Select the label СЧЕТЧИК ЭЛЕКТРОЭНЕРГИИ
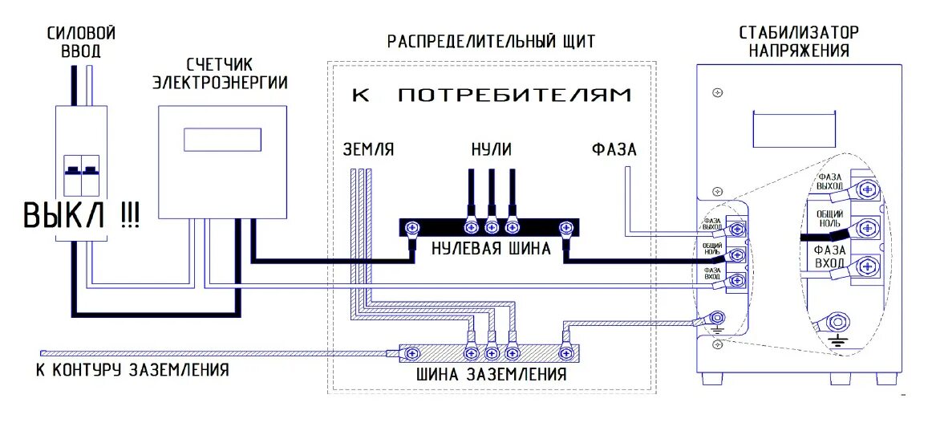[220, 72]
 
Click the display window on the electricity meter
[223, 139]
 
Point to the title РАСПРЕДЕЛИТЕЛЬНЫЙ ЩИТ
[491, 42]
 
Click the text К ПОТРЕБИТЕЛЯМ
[491, 96]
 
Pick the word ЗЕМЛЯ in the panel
[369, 149]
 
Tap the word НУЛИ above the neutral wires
[491, 149]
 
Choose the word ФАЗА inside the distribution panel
[614, 149]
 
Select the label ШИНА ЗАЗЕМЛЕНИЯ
[491, 374]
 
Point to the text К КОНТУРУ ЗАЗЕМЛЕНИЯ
[132, 370]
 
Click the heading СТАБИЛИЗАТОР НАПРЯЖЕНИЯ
[798, 42]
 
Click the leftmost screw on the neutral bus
[414, 229]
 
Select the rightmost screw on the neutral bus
[565, 229]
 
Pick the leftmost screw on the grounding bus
[414, 352]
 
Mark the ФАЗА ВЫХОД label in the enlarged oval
[829, 181]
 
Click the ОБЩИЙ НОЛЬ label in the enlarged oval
[829, 218]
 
